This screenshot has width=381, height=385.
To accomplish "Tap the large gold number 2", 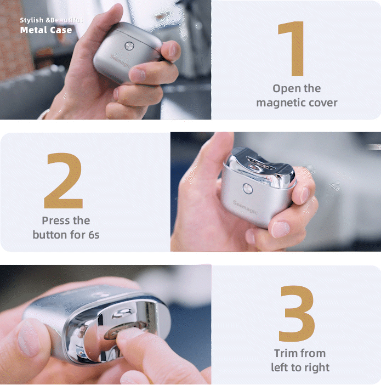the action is coord(64,181).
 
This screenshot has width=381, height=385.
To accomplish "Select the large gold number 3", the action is coord(297,313).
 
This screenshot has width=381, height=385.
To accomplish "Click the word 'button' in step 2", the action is coord(50,235).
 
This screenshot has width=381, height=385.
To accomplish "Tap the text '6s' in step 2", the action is coord(94,235).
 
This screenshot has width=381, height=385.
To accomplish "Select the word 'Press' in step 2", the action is coord(55,220).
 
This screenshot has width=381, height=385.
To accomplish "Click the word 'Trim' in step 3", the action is coord(285,353).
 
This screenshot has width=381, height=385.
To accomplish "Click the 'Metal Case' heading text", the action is coord(46,30).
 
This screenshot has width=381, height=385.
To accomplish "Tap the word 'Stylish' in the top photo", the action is coord(32,20).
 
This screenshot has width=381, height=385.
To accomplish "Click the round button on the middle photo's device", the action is coord(247,189).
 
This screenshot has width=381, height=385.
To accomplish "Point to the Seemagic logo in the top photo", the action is coord(120,62).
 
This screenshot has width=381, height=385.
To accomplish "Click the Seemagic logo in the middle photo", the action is coord(245,207).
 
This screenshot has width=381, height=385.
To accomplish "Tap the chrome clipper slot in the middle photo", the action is coord(259,163).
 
